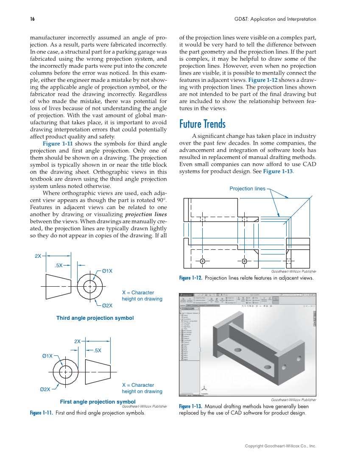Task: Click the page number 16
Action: coord(32,19)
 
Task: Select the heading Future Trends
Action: coord(202,124)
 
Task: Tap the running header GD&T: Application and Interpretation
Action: coord(275,19)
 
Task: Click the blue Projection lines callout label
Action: coord(247,189)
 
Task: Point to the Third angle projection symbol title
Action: coord(95,318)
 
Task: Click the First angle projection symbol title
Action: coord(98,402)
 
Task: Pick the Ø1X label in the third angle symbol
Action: coord(107,271)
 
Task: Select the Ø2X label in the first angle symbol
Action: coord(45,389)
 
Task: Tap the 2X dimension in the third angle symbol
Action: coord(38,256)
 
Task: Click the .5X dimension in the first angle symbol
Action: coord(97,350)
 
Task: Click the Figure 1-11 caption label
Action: coord(41,413)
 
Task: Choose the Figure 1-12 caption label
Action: coord(190,278)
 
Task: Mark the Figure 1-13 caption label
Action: coord(190,406)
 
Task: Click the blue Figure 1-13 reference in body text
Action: coord(278,171)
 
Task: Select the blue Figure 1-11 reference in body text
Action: coord(57,143)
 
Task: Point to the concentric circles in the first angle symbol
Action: coord(65,372)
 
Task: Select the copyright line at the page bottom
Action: coord(280,446)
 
